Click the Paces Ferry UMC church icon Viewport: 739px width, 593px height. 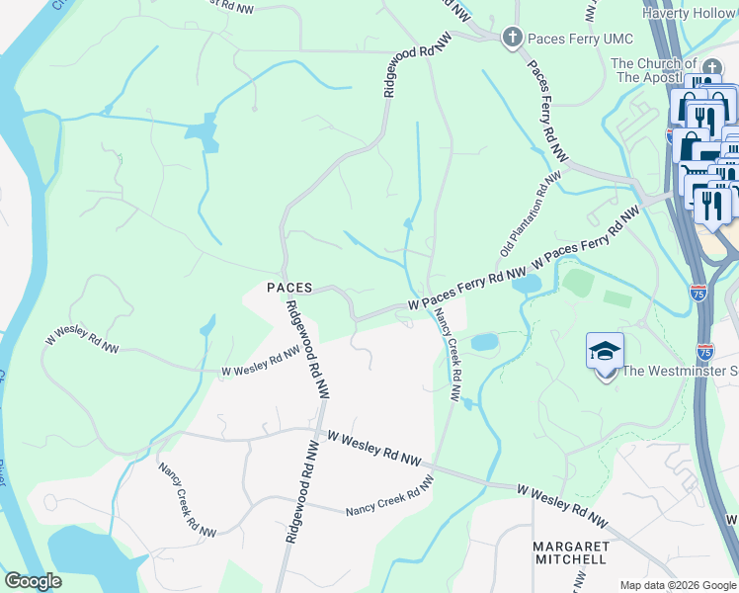coord(512,39)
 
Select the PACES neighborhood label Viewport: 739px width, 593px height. coord(289,288)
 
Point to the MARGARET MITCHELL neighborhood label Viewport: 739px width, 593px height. coord(569,552)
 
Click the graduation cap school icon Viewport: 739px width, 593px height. coord(605,352)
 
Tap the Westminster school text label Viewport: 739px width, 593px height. coord(680,373)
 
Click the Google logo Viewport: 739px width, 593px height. coord(32,581)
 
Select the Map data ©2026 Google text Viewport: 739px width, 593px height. coord(678,585)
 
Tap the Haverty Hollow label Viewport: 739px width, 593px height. coord(690,13)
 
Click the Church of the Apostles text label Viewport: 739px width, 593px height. coord(660,70)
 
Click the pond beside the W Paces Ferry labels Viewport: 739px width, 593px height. coord(528,285)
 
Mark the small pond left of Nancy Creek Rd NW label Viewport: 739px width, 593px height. coord(484,342)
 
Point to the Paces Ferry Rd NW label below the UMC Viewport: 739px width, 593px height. coord(546,111)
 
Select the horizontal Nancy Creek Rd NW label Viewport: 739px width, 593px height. coord(389,497)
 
